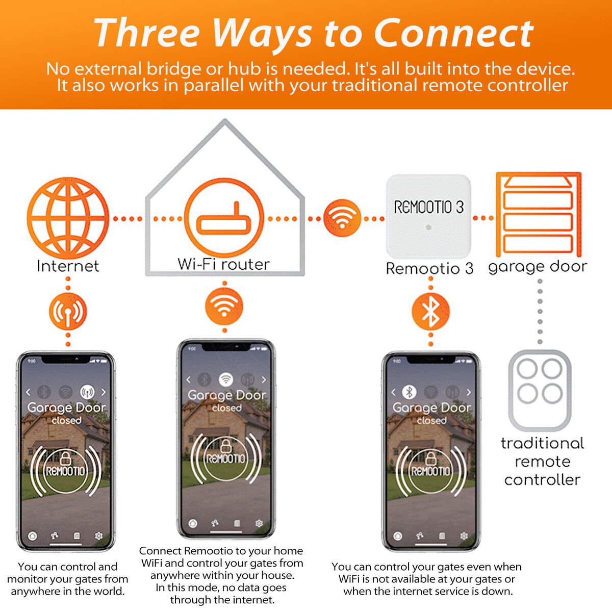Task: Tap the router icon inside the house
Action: pos(224,219)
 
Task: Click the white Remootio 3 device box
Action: pos(428,216)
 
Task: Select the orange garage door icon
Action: pos(538,215)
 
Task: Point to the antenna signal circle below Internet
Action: pos(68,311)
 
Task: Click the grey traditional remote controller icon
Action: pos(540,390)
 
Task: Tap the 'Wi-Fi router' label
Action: pos(223,264)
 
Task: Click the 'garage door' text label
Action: pos(538,267)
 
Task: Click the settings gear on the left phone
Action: pos(99,536)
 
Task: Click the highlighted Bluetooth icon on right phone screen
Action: pos(409,392)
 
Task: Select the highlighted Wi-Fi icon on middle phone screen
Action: pos(226,379)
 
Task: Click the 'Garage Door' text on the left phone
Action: pos(66,407)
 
